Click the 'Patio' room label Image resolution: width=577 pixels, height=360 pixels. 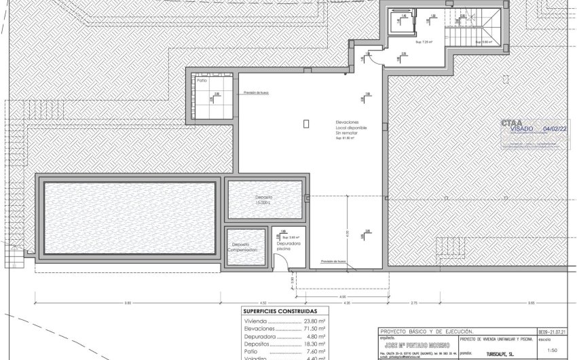(202, 80)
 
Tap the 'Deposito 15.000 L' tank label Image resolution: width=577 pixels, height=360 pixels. (263, 200)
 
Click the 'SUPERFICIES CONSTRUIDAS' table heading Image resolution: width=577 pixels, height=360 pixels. (279, 312)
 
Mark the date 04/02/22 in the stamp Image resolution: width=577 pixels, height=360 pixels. (555, 128)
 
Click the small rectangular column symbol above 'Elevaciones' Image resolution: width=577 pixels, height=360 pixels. (306, 124)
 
